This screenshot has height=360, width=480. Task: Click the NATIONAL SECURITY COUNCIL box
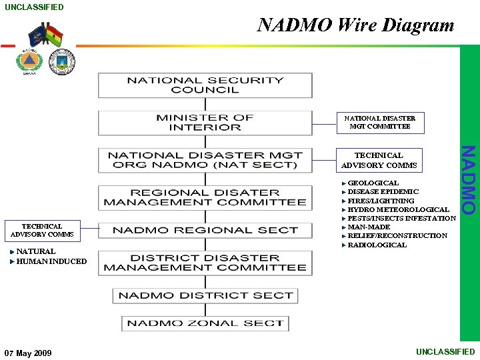point(205,85)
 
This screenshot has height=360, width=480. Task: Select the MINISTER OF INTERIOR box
point(205,123)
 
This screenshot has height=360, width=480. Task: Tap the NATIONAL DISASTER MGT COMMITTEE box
point(380,122)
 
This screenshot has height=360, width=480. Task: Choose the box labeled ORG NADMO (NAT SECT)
point(205,160)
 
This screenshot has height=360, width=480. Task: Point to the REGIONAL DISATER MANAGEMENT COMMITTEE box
point(205,197)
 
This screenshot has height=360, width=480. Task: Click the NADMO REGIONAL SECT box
point(205,231)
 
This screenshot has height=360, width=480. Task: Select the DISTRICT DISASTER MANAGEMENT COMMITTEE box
point(205,263)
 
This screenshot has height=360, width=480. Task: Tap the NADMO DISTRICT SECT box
point(205,295)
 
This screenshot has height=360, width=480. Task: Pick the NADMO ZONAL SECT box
point(205,323)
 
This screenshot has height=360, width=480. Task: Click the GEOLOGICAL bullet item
point(373,183)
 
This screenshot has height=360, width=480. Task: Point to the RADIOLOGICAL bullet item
point(377,245)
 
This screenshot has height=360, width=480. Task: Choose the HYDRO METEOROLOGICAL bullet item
point(398,209)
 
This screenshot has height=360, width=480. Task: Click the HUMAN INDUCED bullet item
point(51,261)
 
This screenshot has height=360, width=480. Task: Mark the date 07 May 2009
point(27,353)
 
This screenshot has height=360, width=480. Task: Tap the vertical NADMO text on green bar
point(469,180)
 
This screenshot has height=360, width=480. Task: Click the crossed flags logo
point(46,35)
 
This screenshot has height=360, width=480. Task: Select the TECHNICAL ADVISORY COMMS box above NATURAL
point(42,231)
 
